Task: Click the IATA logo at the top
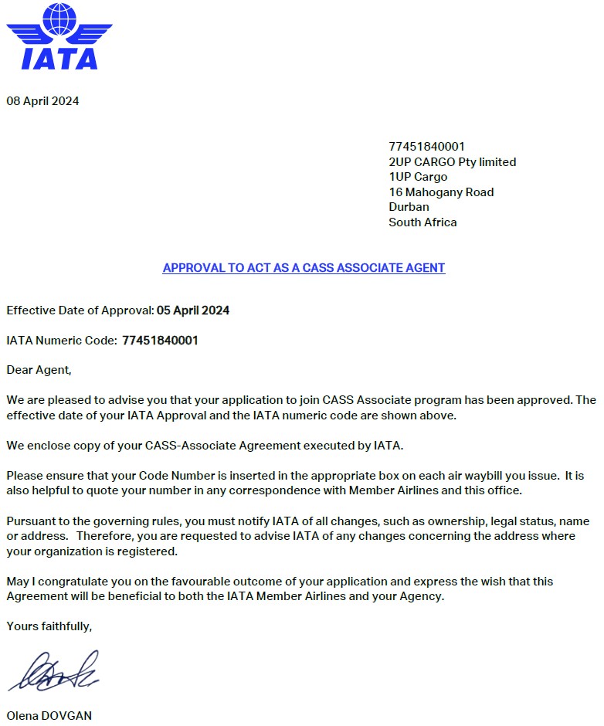pos(59,36)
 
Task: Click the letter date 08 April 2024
pos(42,101)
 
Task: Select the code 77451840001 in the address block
pos(426,147)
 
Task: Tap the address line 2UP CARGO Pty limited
pos(452,162)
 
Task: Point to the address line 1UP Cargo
pos(418,177)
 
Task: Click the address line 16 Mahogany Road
pos(441,192)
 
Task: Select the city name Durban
pos(409,207)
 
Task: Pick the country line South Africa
pos(422,222)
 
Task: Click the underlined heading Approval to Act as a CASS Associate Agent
pos(304,268)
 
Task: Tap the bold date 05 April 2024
pos(193,311)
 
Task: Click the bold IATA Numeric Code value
pos(160,341)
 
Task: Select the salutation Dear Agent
pos(39,370)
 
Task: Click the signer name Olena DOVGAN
pos(49,716)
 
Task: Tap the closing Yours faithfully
pos(49,626)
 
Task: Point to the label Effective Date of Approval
pos(80,311)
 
